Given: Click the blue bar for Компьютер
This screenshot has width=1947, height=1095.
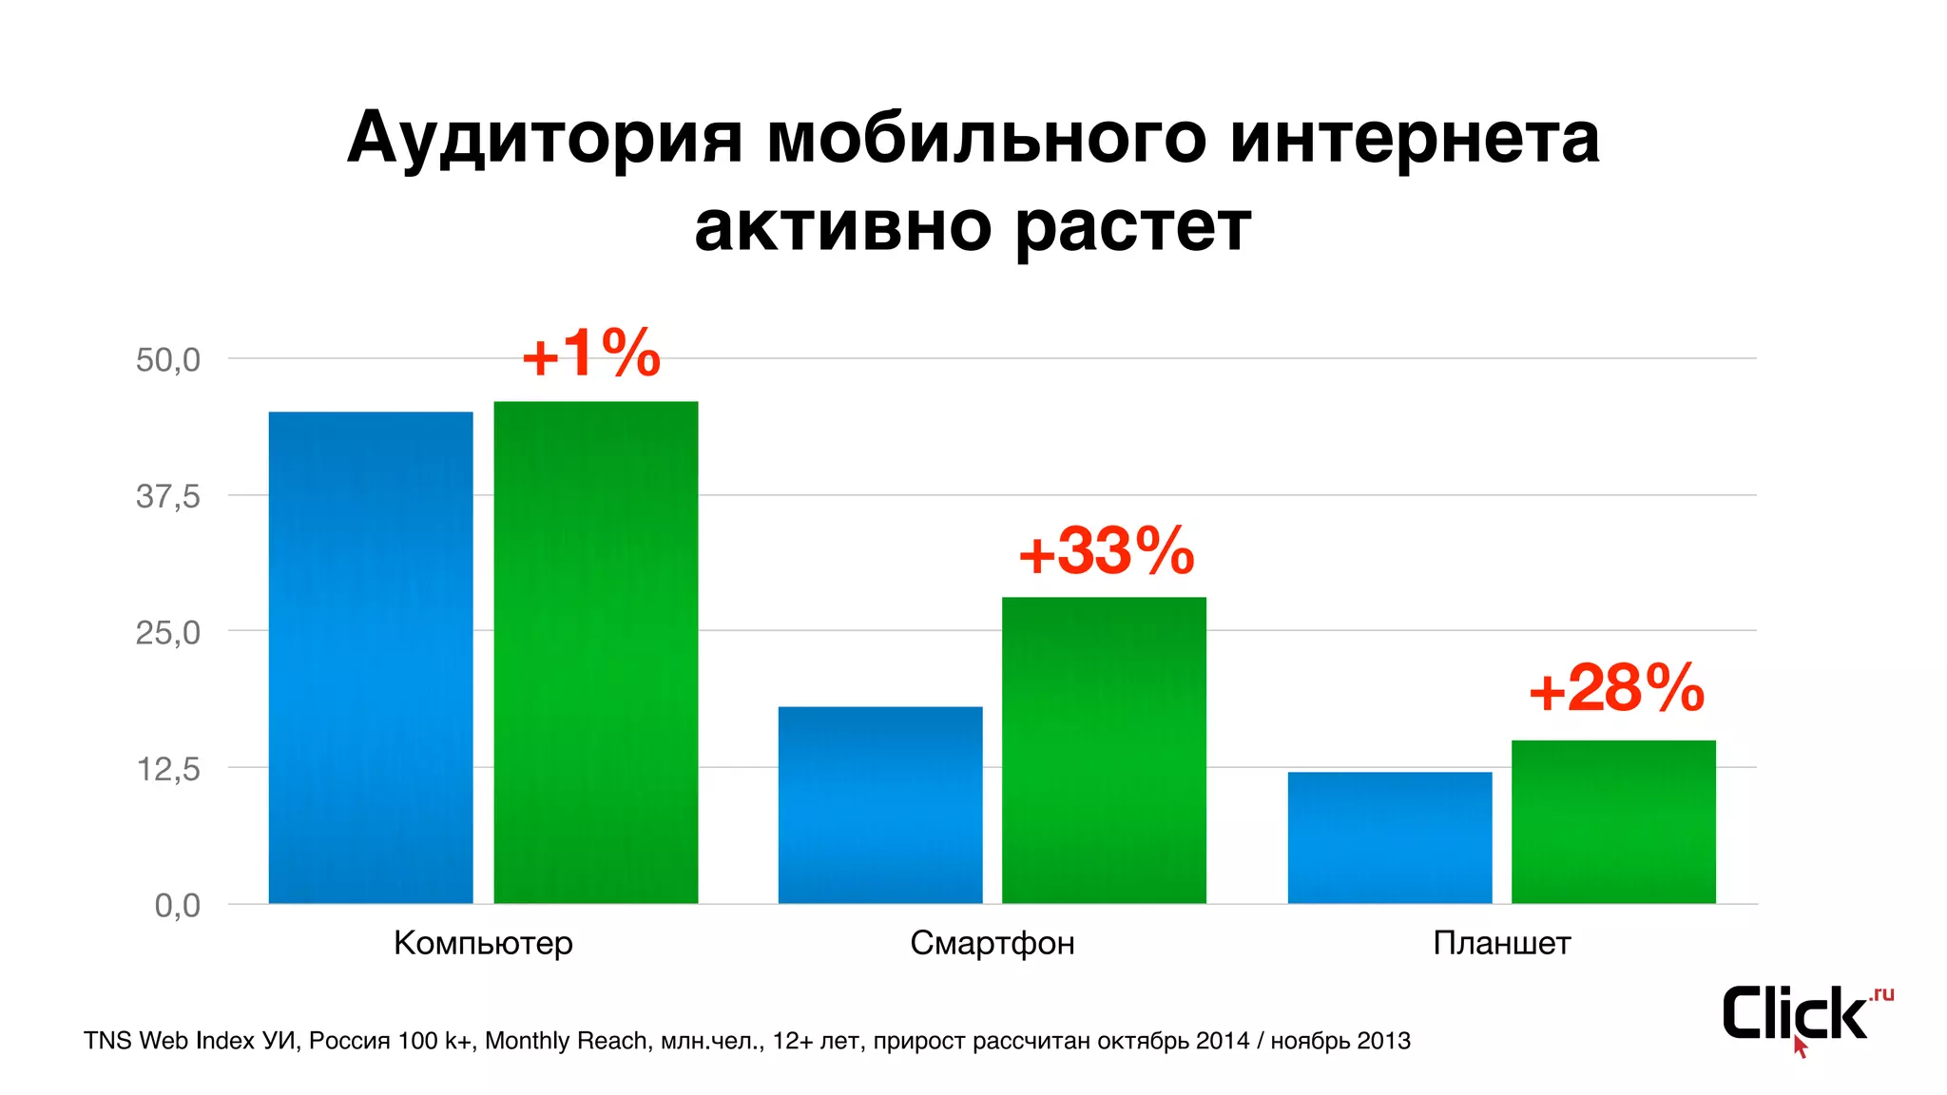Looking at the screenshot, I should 371,657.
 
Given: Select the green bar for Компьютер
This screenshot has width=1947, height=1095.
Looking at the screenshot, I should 596,652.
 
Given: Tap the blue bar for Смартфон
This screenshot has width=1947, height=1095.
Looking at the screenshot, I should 880,804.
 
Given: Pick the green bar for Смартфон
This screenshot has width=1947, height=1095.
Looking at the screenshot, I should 1104,750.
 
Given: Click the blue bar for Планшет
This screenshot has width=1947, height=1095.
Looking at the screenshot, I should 1390,837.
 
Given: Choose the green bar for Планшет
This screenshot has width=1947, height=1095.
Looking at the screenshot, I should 1613,821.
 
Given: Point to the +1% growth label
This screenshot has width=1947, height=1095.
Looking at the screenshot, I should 591,355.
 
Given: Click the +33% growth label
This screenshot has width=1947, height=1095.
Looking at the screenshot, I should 1107,551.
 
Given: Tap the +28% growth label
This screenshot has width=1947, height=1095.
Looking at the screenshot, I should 1616,689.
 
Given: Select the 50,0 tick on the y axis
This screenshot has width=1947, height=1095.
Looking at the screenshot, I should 168,360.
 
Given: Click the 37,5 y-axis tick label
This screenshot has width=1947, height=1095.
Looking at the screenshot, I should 168,496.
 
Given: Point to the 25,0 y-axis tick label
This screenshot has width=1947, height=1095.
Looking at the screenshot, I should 168,632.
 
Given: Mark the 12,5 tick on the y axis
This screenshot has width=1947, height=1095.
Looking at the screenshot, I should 168,769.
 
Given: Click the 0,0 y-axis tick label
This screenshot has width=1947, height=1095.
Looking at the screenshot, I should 178,905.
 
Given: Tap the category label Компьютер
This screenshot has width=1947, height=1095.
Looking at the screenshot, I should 483,943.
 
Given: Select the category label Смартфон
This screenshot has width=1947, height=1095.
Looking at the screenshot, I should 993,943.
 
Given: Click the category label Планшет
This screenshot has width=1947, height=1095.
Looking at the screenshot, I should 1502,943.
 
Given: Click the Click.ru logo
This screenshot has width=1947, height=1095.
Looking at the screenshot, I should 1802,1016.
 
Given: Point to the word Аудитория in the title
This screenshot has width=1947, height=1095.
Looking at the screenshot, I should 544,139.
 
